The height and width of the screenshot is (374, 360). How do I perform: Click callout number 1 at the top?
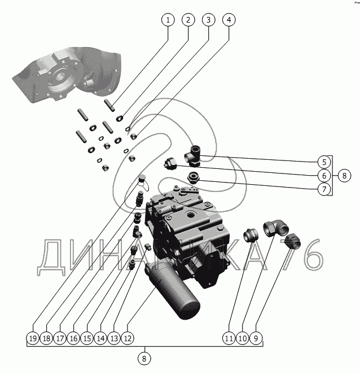[x=168, y=20]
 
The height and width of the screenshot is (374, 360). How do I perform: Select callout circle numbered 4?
[x=229, y=20]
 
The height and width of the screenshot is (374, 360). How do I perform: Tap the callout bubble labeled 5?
[x=324, y=162]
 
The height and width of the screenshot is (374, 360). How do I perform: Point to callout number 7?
[x=324, y=189]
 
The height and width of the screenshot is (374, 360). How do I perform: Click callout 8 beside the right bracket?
[x=344, y=176]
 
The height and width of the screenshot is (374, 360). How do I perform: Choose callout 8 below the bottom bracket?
[x=144, y=359]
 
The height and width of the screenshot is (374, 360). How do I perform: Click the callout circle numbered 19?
[x=33, y=338]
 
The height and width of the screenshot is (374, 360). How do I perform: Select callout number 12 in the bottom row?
[x=128, y=338]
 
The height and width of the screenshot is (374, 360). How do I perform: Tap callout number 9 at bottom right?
[x=256, y=338]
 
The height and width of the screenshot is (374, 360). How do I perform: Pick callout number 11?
[x=229, y=338]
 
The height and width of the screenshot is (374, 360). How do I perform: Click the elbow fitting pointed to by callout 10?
[x=276, y=228]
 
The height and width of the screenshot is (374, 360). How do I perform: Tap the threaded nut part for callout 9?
[x=293, y=241]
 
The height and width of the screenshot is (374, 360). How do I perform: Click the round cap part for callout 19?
[x=142, y=178]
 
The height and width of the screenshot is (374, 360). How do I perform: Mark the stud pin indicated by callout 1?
[x=109, y=106]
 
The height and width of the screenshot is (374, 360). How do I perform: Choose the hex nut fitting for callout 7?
[x=194, y=177]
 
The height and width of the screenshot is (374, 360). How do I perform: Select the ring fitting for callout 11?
[x=251, y=234]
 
